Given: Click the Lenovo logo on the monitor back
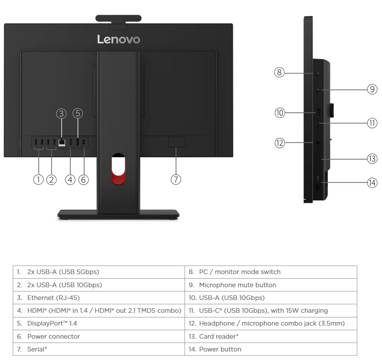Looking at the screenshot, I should [x=118, y=39].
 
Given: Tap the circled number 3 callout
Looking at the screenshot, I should [x=61, y=113].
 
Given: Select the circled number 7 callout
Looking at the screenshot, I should [x=176, y=179].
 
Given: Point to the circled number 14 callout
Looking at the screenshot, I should [x=372, y=183].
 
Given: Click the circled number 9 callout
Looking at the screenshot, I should [x=372, y=89].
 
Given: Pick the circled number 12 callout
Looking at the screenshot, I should [x=279, y=143].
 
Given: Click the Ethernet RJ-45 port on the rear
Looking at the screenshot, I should [x=62, y=142].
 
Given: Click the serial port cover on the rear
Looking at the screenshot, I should [x=177, y=142].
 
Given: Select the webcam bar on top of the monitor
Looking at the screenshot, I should [x=118, y=18].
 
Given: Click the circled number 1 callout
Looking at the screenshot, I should [x=38, y=179].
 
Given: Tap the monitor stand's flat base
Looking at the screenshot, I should [x=118, y=214].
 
